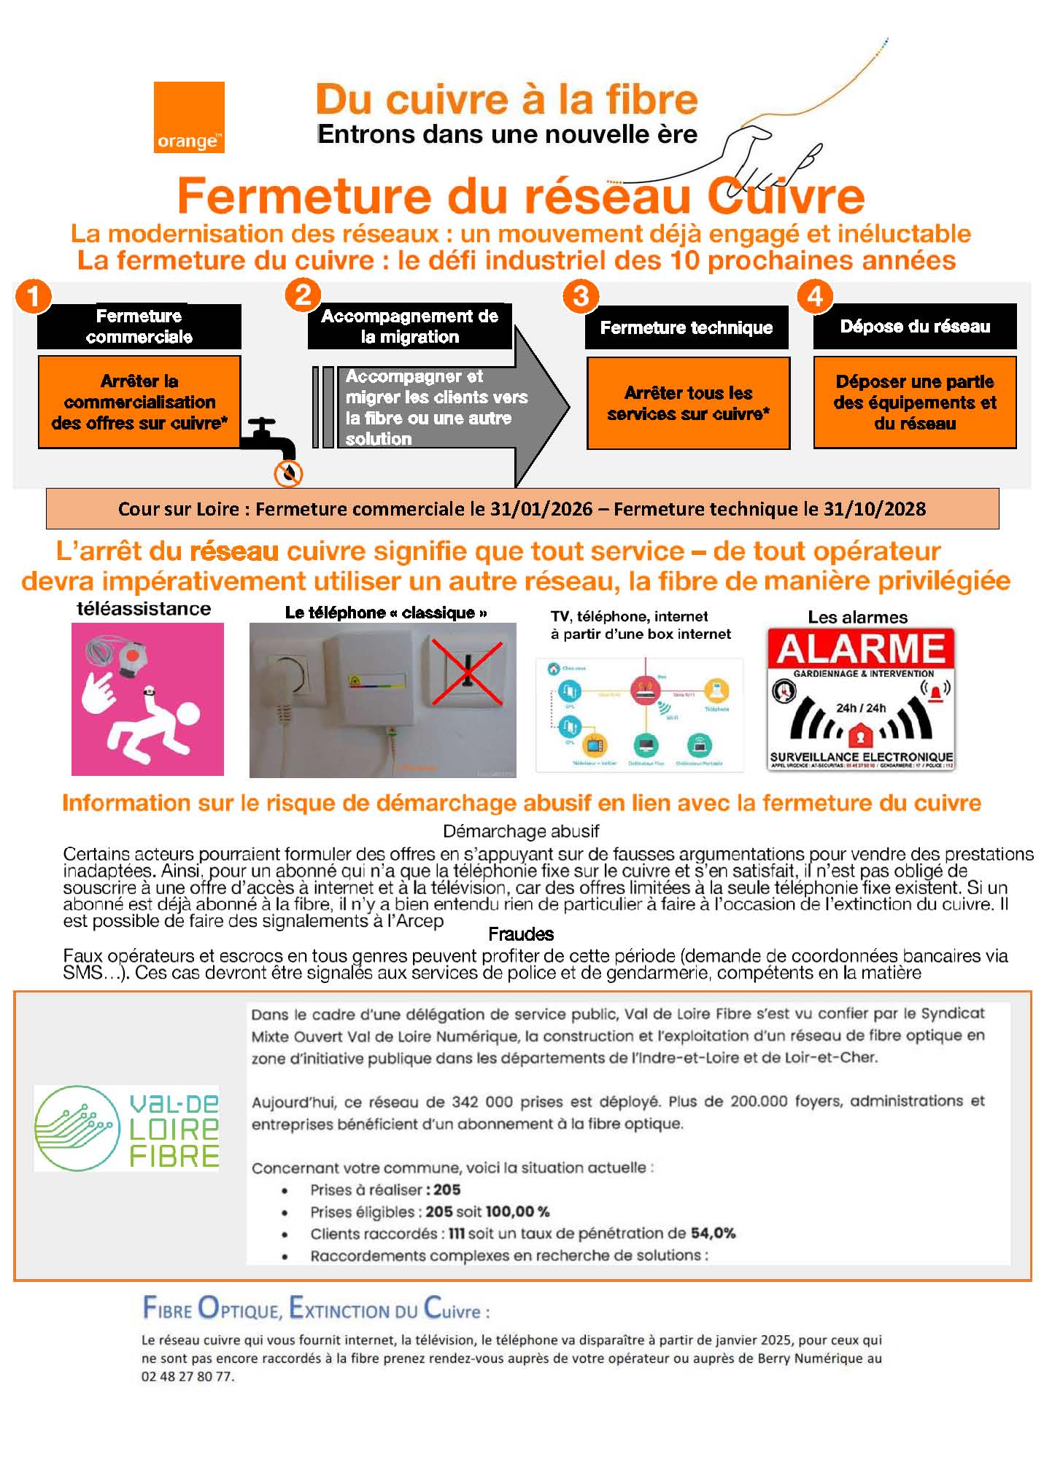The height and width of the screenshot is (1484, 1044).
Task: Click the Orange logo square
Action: click(189, 117)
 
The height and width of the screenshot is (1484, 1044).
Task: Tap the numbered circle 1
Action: click(32, 298)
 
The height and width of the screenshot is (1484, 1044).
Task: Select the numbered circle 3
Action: click(581, 296)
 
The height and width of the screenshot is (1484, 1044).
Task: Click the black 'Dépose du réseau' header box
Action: click(914, 326)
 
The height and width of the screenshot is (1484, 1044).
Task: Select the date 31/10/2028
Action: click(874, 509)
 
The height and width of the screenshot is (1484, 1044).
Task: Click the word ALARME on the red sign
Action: click(860, 649)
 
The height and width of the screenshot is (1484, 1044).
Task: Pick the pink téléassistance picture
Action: click(147, 699)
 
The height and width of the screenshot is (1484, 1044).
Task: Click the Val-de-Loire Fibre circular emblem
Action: click(77, 1128)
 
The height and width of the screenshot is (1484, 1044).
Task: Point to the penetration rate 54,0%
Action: click(713, 1233)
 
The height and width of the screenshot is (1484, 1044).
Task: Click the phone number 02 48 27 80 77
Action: click(187, 1377)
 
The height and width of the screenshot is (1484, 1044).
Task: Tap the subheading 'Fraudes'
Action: click(521, 934)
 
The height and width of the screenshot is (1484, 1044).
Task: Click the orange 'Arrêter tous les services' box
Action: click(688, 403)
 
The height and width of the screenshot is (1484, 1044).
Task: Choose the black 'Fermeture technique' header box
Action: click(686, 327)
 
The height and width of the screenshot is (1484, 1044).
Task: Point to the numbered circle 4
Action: click(815, 296)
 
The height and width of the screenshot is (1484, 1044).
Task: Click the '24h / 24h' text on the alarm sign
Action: click(860, 707)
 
